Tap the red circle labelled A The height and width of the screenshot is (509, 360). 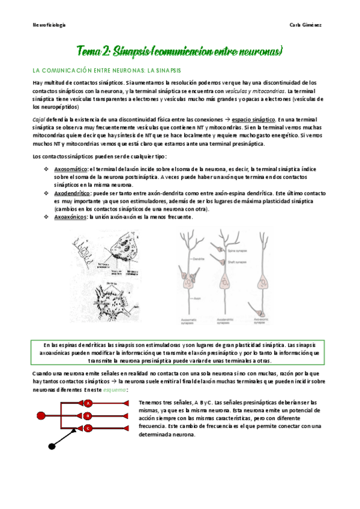click(x=88, y=403)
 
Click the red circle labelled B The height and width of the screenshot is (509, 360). click(x=88, y=415)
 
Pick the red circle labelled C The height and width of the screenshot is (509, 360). click(x=88, y=428)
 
